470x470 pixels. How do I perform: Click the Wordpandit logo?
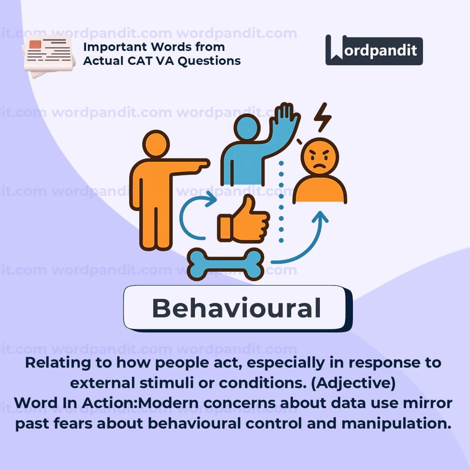[374, 50]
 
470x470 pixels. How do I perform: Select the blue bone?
[226, 264]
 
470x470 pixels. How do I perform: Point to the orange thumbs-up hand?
[243, 219]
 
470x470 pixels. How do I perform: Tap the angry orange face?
[320, 156]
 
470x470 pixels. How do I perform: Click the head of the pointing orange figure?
[156, 144]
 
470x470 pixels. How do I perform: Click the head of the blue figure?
[247, 128]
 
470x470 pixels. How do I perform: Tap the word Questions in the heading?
[209, 61]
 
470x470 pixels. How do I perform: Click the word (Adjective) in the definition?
[353, 383]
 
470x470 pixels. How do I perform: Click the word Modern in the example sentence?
[168, 403]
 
